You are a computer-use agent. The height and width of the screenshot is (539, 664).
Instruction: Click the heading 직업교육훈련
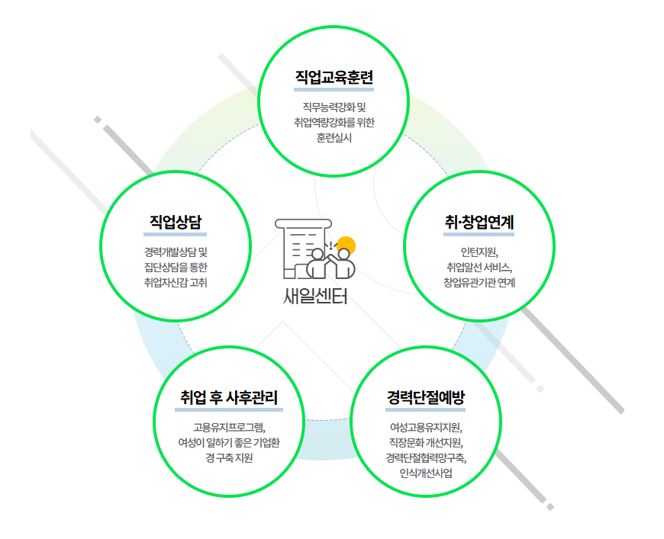(x=334, y=78)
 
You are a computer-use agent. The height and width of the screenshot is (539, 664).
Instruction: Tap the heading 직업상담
(x=176, y=222)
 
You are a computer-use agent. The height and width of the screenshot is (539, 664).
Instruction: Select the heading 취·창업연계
(x=479, y=222)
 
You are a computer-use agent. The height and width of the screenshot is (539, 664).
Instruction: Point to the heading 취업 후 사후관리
(x=229, y=397)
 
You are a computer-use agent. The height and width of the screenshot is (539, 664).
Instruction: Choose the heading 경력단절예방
(x=426, y=397)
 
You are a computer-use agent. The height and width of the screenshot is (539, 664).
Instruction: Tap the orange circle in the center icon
(x=347, y=244)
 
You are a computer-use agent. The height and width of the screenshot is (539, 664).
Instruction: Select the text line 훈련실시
(x=334, y=138)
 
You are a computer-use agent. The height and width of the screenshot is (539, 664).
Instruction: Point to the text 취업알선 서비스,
(x=479, y=267)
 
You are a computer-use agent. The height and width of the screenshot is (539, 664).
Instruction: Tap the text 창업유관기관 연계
(x=479, y=282)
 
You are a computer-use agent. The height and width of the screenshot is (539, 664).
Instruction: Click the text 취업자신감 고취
(x=176, y=282)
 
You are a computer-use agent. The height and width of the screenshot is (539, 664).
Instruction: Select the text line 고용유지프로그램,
(x=229, y=427)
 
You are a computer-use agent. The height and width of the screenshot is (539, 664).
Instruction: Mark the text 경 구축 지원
(x=229, y=458)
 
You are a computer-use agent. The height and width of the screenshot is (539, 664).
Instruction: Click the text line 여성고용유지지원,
(x=426, y=427)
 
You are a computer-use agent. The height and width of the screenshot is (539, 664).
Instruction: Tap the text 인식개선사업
(x=426, y=473)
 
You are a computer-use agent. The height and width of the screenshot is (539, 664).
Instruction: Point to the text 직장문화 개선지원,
(x=426, y=442)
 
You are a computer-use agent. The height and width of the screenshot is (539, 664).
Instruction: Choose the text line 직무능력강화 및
(x=334, y=107)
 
